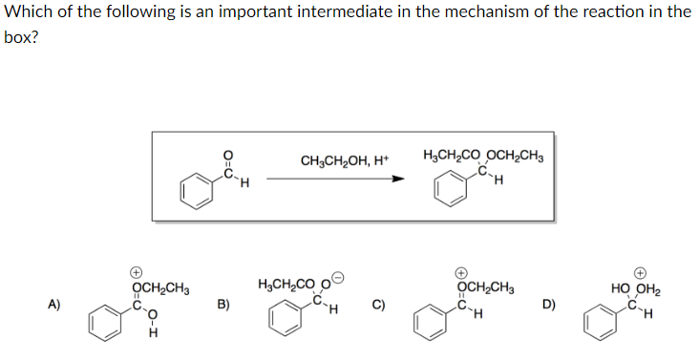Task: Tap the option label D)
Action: point(546,306)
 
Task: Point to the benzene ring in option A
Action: point(106,326)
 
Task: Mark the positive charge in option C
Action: point(460,270)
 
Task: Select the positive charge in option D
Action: point(642,270)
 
